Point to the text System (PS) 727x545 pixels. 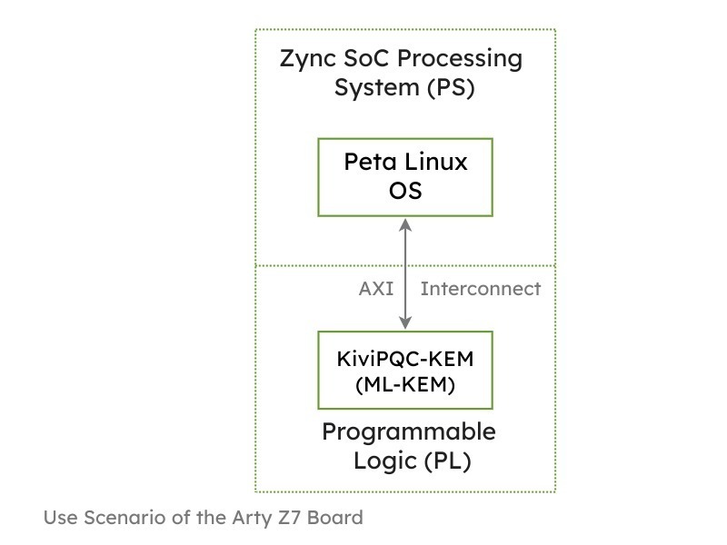405,89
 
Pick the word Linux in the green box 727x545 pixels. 435,163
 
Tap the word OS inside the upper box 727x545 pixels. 405,191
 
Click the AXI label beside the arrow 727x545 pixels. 376,289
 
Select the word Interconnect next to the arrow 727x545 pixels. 480,289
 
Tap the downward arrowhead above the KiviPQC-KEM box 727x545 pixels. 405,323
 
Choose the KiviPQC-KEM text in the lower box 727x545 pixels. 405,358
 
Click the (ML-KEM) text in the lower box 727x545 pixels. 405,385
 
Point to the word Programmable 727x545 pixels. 409,431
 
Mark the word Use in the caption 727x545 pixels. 60,518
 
